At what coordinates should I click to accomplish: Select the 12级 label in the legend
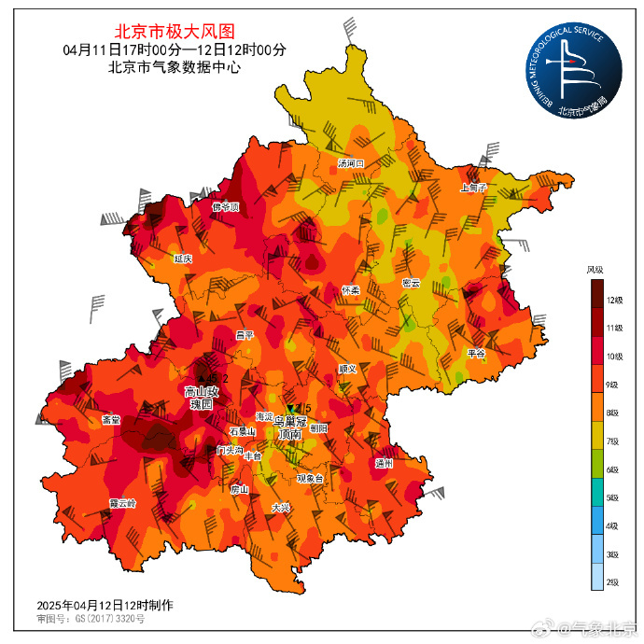[x=614, y=300]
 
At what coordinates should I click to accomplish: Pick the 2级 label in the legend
[x=614, y=581]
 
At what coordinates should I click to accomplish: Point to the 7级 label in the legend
[x=614, y=441]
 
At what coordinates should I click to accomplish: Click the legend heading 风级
[x=595, y=270]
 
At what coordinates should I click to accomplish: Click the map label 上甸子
[x=474, y=187]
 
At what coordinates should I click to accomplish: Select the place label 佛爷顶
[x=226, y=206]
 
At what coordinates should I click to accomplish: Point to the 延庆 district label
[x=183, y=259]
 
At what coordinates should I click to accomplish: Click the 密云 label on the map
[x=411, y=283]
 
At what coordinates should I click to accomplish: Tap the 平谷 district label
[x=476, y=353]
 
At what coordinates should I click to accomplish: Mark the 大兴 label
[x=280, y=508]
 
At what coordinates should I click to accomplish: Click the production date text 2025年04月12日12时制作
[x=105, y=605]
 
